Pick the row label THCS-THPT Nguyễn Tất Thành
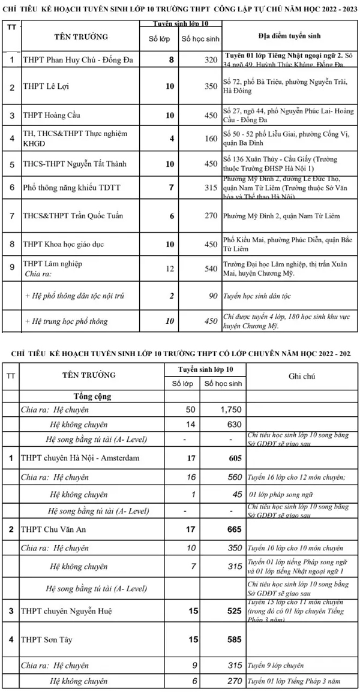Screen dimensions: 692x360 74,163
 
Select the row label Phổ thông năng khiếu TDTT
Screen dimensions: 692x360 71,188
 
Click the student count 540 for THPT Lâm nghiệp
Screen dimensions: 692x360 210,268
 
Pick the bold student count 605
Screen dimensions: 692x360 231,459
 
